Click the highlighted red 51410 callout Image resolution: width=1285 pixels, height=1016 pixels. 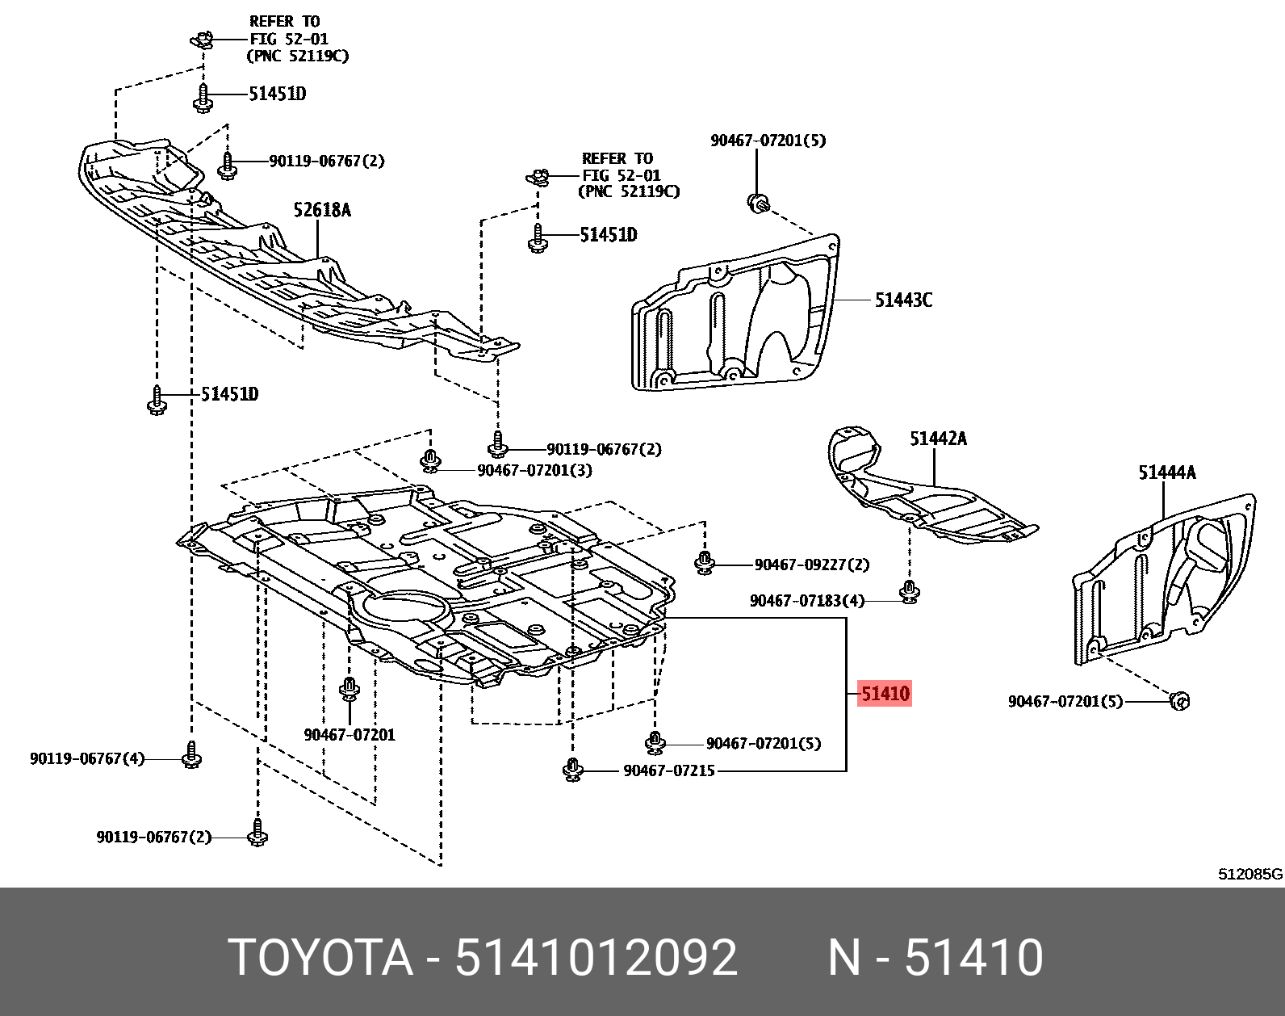coord(885,694)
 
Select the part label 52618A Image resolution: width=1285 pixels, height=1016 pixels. coord(322,211)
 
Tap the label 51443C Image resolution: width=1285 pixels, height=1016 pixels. coord(903,300)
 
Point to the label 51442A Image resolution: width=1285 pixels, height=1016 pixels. coord(938,439)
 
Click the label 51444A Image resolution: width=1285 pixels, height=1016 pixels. coord(1166,472)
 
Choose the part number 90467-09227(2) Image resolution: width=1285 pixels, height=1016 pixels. coord(811,565)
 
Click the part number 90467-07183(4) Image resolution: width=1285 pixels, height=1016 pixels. coord(806,601)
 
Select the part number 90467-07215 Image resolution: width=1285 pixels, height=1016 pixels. coord(669,771)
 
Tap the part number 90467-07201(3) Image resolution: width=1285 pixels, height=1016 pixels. coord(534,470)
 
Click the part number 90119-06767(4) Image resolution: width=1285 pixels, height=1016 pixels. coord(87,759)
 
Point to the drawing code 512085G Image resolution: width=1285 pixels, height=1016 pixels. coord(1249,875)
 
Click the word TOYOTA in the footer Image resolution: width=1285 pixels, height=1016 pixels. coord(320,958)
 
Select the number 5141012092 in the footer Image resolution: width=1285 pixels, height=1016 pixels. coord(596,958)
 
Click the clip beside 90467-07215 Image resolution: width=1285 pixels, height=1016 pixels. coord(573,770)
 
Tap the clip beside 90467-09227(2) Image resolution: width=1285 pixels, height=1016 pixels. coord(705,563)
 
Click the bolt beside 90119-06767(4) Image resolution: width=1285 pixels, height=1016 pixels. coord(191,756)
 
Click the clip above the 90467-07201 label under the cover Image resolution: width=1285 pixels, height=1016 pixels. coord(350,690)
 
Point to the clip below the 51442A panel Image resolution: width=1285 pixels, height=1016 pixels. coord(910,593)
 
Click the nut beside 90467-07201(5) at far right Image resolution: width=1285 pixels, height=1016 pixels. coord(1179,700)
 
